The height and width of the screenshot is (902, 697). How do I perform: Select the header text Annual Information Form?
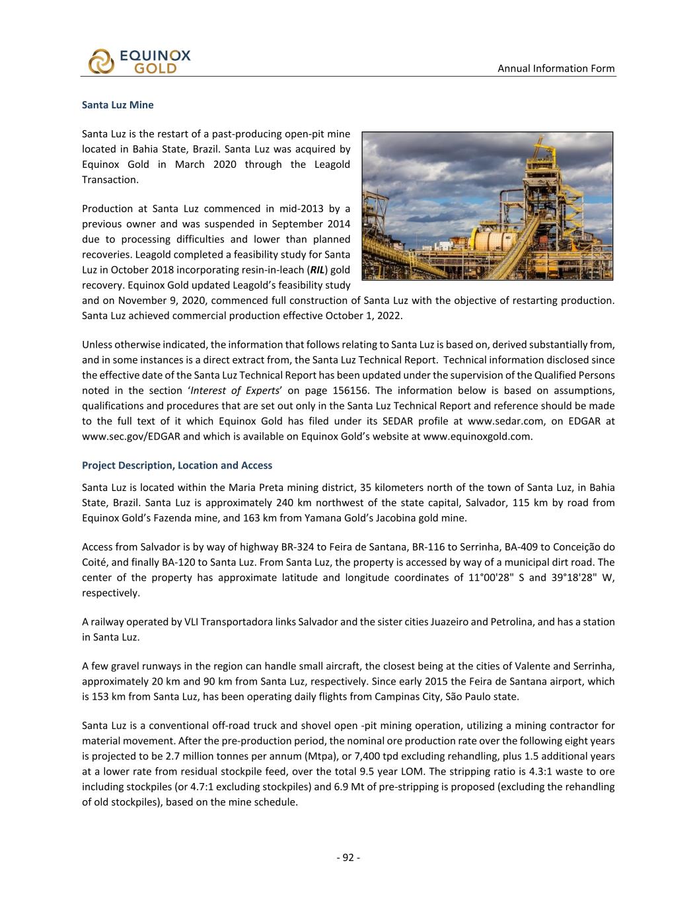coord(556,69)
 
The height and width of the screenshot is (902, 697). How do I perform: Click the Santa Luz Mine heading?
coord(118,105)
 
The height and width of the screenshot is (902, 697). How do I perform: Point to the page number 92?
coord(348,858)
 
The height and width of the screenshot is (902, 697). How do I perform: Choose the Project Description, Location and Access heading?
coord(176,465)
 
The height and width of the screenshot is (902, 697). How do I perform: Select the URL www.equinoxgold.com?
coord(477,436)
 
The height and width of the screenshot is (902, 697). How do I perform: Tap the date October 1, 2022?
coord(363,315)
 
